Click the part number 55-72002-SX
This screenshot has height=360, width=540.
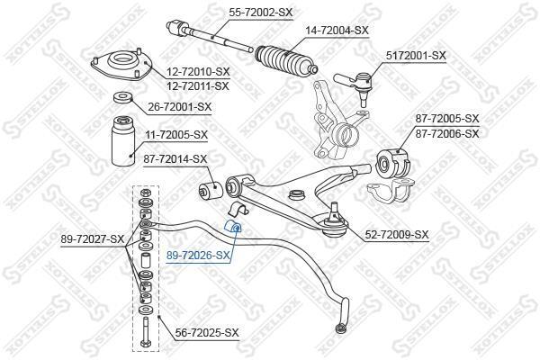pyautogui.click(x=261, y=13)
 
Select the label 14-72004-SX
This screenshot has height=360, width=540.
pyautogui.click(x=337, y=31)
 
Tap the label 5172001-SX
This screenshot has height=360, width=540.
pyautogui.click(x=416, y=55)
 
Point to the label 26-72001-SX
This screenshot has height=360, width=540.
pyautogui.click(x=180, y=107)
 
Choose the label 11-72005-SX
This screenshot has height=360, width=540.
pyautogui.click(x=176, y=135)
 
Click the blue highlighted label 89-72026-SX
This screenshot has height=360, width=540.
pyautogui.click(x=198, y=256)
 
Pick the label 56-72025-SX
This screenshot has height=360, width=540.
pyautogui.click(x=207, y=332)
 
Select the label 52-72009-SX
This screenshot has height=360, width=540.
pyautogui.click(x=397, y=235)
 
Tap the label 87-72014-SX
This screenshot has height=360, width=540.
pyautogui.click(x=175, y=159)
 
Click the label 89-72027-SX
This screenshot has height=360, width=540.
pyautogui.click(x=93, y=238)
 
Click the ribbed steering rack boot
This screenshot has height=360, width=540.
pyautogui.click(x=285, y=60)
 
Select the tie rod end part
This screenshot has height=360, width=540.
pyautogui.click(x=354, y=85)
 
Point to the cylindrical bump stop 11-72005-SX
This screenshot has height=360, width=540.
pyautogui.click(x=123, y=141)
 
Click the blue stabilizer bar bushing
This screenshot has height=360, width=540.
pyautogui.click(x=233, y=226)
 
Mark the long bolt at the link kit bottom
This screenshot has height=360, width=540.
pyautogui.click(x=145, y=333)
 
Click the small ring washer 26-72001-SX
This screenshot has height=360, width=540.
pyautogui.click(x=123, y=97)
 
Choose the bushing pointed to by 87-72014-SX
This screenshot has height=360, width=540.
pyautogui.click(x=210, y=191)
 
